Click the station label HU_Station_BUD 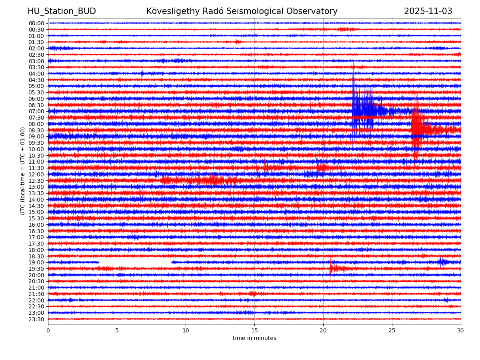(x=62, y=11)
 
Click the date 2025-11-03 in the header (x=428, y=11)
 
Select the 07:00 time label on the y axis (x=36, y=111)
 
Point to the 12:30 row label (x=36, y=181)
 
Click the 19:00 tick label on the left (x=36, y=262)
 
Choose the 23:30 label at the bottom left (x=36, y=319)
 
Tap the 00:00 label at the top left (x=36, y=23)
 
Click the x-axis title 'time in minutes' (x=254, y=338)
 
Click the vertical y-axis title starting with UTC (x=23, y=171)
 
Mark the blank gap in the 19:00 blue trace (x=135, y=262)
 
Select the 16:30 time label (x=36, y=231)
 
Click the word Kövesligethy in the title (x=171, y=11)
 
